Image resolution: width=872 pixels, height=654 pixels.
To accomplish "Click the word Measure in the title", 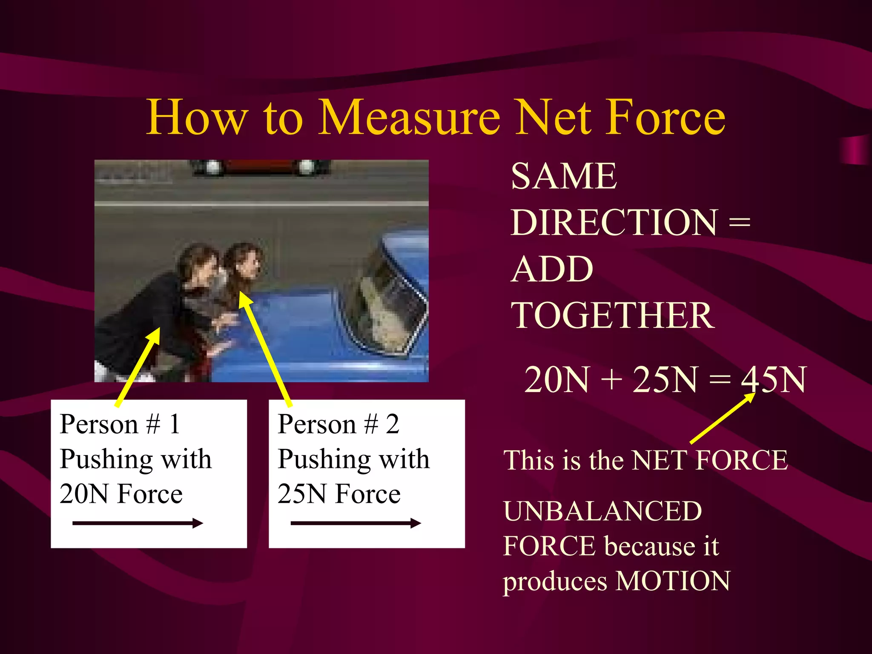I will click(x=409, y=117).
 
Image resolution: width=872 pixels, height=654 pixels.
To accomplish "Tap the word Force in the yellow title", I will click(x=665, y=117).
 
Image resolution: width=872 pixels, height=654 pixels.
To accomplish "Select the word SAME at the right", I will click(x=564, y=176).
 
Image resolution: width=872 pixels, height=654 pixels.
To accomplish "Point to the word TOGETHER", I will click(x=613, y=316).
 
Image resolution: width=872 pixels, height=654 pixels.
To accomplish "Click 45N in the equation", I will click(x=773, y=379).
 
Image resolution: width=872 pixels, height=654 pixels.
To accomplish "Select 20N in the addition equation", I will click(x=556, y=379).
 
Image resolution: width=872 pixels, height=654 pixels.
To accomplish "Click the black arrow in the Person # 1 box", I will click(x=138, y=523).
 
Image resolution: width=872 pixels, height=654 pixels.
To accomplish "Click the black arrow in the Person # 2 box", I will click(x=356, y=523).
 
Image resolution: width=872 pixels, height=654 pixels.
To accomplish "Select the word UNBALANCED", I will click(x=602, y=511).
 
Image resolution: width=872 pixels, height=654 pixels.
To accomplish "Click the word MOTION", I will click(x=673, y=581).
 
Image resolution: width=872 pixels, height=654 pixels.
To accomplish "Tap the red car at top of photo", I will click(x=260, y=167).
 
